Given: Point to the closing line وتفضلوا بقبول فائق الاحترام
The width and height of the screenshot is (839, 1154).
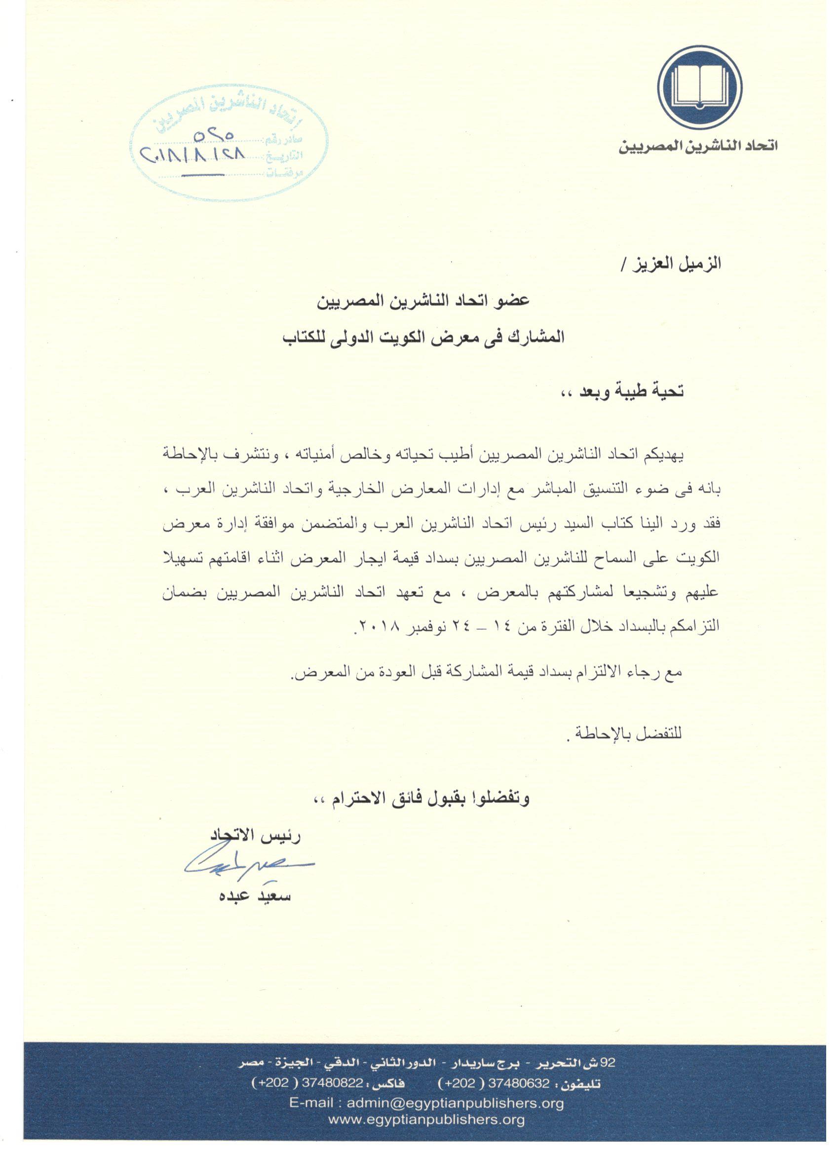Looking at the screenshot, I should [427, 799].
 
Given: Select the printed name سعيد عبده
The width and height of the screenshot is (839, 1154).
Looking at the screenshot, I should [254, 895].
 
